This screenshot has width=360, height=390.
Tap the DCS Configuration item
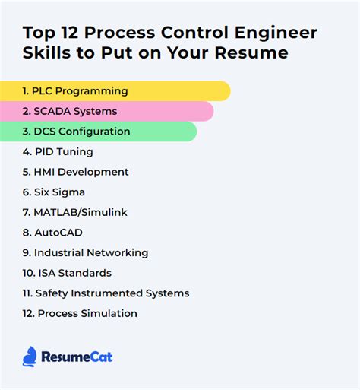[x=76, y=132]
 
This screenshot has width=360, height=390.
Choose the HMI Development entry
[x=75, y=172]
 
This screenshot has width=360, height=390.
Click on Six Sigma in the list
[x=53, y=192]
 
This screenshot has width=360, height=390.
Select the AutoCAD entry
[x=52, y=233]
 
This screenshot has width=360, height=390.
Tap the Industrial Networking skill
[x=85, y=252]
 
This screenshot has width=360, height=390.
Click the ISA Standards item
[x=67, y=273]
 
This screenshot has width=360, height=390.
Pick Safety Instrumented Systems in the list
[x=106, y=293]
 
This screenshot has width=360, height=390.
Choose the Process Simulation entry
[x=80, y=313]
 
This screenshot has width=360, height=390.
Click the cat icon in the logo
[x=30, y=356]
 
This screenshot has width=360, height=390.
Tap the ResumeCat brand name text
[x=77, y=357]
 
